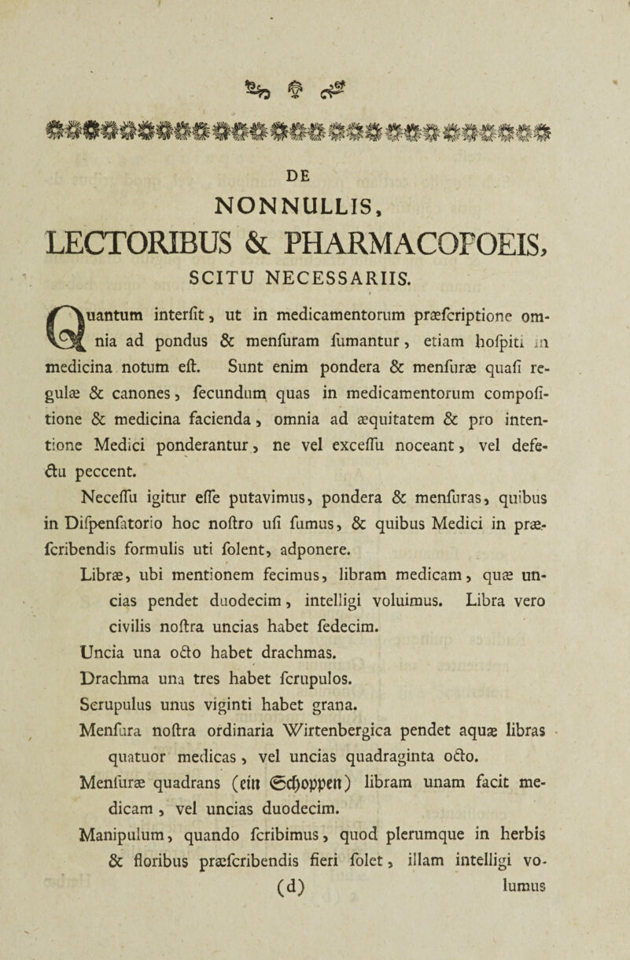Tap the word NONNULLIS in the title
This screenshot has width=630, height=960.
(x=315, y=191)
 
